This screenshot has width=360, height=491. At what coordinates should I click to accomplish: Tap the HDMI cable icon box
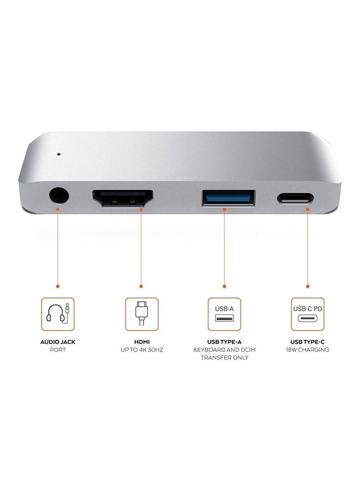coord(141,314)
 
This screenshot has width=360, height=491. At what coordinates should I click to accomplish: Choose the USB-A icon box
coord(224,314)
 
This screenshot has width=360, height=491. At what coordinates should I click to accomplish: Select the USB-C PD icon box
coord(308,314)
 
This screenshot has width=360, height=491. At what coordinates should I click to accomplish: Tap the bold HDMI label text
coord(141,341)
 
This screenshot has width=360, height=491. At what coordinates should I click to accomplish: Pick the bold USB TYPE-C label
coord(308,341)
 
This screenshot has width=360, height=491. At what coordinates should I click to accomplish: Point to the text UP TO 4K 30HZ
coord(141,350)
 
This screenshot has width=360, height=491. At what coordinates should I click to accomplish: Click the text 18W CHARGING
coord(308,350)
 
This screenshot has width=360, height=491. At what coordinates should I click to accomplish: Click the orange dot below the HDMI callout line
coord(141,286)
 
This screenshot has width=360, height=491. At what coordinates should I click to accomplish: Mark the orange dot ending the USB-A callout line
coord(224,286)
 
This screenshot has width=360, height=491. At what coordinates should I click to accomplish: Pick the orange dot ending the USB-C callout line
coord(308,286)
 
